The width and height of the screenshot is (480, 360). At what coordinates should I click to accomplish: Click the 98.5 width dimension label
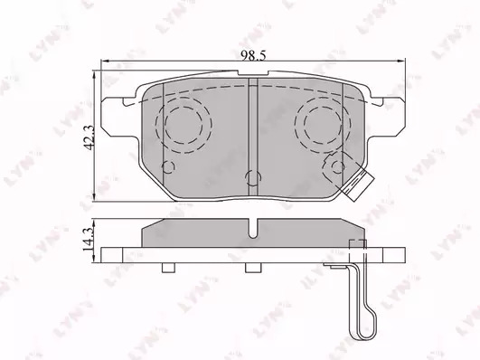pyautogui.click(x=253, y=56)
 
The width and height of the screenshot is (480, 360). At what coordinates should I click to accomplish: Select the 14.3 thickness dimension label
pyautogui.click(x=88, y=240)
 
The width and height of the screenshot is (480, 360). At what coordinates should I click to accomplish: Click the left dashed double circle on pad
pyautogui.click(x=184, y=125)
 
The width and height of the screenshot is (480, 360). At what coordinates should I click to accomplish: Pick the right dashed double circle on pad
pyautogui.click(x=323, y=125)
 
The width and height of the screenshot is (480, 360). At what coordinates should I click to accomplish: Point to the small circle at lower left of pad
pyautogui.click(x=168, y=167)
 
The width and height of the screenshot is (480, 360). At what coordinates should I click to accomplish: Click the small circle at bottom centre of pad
pyautogui.click(x=253, y=177)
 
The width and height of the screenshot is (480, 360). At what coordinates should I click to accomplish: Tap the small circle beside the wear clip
pyautogui.click(x=338, y=167)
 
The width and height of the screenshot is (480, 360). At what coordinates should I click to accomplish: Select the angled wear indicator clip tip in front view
pyautogui.click(x=358, y=186)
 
